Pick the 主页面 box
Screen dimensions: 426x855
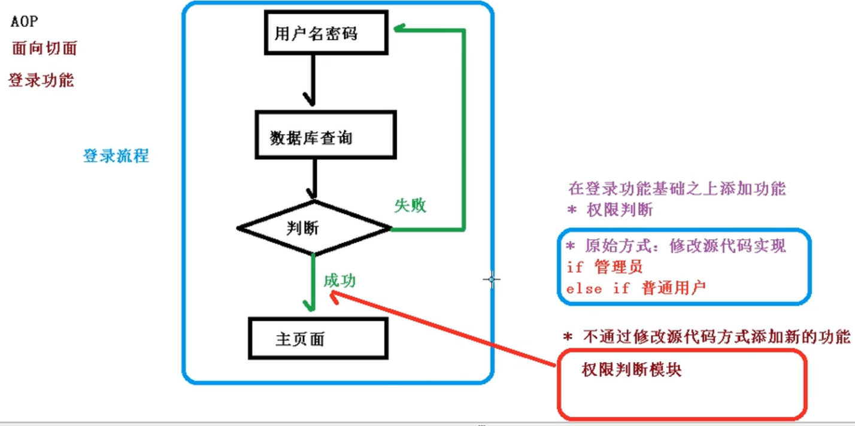pyautogui.click(x=318, y=339)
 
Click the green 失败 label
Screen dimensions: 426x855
pyautogui.click(x=410, y=206)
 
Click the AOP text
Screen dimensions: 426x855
pyautogui.click(x=24, y=22)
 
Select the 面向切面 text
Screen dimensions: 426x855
pyautogui.click(x=44, y=48)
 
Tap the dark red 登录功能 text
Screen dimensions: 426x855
pyautogui.click(x=41, y=80)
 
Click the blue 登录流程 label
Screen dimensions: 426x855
pyautogui.click(x=116, y=156)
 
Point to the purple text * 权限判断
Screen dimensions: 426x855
pyautogui.click(x=609, y=210)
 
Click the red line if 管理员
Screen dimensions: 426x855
pyautogui.click(x=605, y=267)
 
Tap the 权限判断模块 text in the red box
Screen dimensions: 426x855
pyautogui.click(x=632, y=370)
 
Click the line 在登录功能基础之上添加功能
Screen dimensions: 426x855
pyautogui.click(x=677, y=189)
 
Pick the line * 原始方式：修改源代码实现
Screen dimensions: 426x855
pyautogui.click(x=675, y=246)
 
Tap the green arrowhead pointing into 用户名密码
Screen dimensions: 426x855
pyautogui.click(x=399, y=28)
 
